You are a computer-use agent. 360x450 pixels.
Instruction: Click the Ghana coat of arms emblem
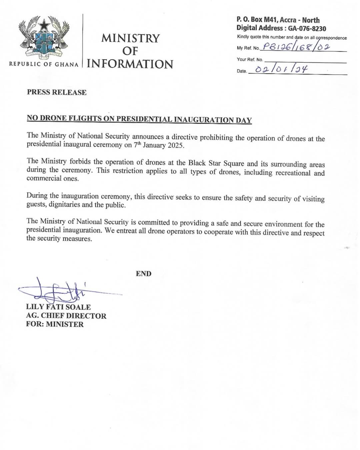pyautogui.click(x=44, y=37)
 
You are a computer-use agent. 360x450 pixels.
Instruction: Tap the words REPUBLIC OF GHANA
pyautogui.click(x=44, y=64)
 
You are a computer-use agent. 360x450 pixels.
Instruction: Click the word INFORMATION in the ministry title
pyautogui.click(x=130, y=64)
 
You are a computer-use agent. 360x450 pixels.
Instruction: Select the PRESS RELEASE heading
pyautogui.click(x=57, y=92)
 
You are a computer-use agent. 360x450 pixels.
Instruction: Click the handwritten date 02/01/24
pyautogui.click(x=281, y=69)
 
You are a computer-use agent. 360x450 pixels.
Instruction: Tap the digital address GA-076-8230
pyautogui.click(x=307, y=29)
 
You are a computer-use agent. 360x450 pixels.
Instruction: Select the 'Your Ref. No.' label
pyautogui.click(x=250, y=59)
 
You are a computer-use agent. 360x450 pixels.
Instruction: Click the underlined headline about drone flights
pyautogui.click(x=139, y=119)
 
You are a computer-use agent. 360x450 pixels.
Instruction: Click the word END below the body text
pyautogui.click(x=144, y=274)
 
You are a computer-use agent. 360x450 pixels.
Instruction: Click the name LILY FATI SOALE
pyautogui.click(x=58, y=307)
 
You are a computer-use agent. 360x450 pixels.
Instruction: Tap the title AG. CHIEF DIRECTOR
pyautogui.click(x=66, y=316)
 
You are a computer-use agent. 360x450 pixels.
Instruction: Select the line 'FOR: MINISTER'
pyautogui.click(x=55, y=324)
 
